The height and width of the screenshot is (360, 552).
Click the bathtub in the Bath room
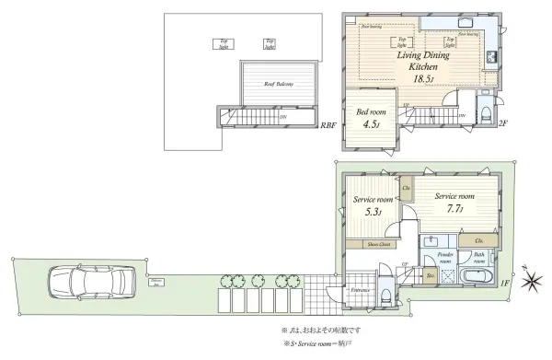point(477,278)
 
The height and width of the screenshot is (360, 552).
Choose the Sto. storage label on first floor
point(431,273)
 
